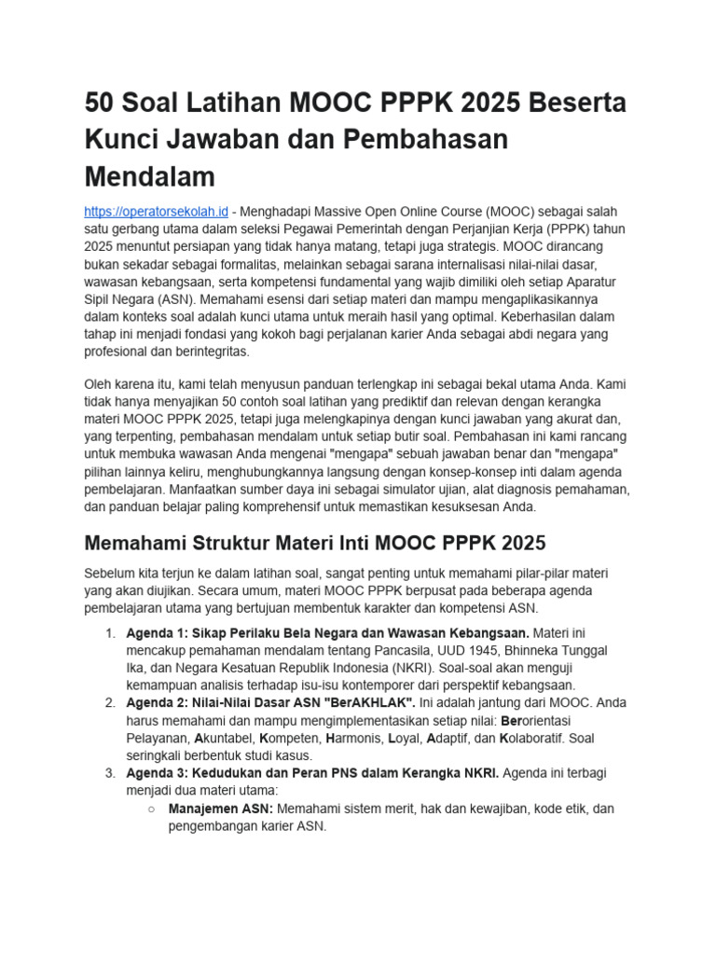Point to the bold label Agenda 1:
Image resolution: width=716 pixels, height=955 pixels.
tap(158, 632)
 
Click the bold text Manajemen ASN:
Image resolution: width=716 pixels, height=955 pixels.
tap(220, 809)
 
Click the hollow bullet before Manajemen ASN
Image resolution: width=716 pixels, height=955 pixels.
tap(151, 809)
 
